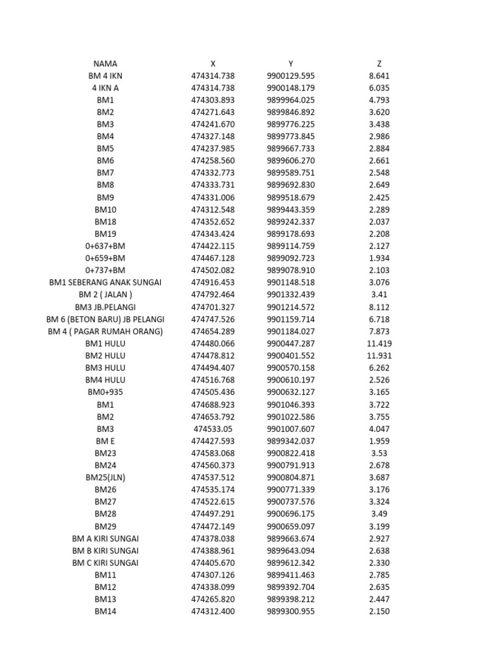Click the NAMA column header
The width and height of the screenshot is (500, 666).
(x=105, y=64)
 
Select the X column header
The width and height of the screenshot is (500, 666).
(x=213, y=64)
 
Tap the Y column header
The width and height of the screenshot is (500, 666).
(x=290, y=64)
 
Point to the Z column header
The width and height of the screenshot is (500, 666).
(x=379, y=64)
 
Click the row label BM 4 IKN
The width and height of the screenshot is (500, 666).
(x=105, y=76)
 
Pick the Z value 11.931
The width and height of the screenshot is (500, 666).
(x=379, y=356)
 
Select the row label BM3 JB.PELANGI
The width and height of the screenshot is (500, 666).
(x=105, y=307)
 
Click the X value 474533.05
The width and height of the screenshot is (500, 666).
(x=213, y=429)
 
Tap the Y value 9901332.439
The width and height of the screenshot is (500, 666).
(x=290, y=295)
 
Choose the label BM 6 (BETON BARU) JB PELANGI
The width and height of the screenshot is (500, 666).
(x=105, y=319)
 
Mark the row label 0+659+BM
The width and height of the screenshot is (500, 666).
(x=105, y=258)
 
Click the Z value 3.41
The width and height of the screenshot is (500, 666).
(x=379, y=295)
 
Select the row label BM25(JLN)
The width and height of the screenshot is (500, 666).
(x=105, y=477)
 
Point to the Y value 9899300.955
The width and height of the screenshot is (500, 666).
(x=290, y=611)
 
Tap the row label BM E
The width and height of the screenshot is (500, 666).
(x=105, y=441)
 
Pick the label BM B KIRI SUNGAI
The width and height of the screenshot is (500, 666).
(x=105, y=550)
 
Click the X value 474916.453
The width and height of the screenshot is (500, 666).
(x=213, y=282)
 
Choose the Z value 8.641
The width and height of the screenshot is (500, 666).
(x=379, y=76)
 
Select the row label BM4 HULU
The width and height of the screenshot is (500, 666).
(x=105, y=380)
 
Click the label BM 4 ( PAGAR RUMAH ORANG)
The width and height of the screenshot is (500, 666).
(x=105, y=332)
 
